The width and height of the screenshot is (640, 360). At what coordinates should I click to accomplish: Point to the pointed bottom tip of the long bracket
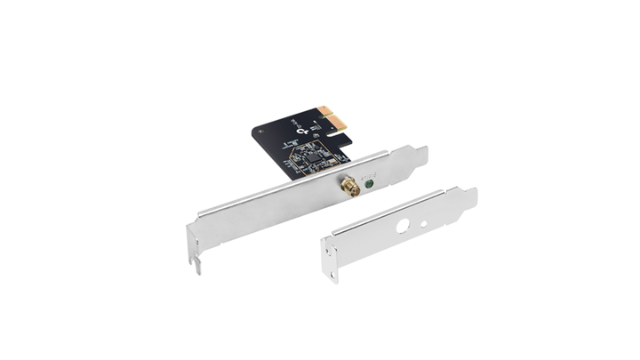pos(197,267)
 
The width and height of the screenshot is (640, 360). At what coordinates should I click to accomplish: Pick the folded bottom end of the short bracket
pos(330,267)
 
